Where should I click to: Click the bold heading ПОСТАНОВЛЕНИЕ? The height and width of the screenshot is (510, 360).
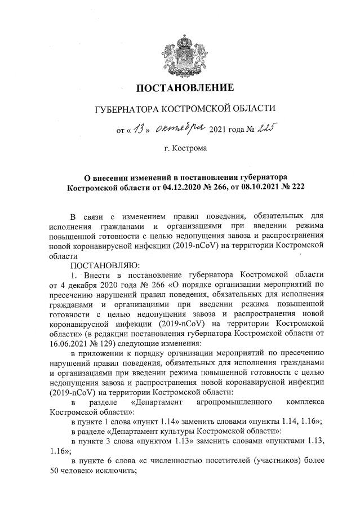180,88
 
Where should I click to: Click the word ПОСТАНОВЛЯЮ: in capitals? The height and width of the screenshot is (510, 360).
100,264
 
